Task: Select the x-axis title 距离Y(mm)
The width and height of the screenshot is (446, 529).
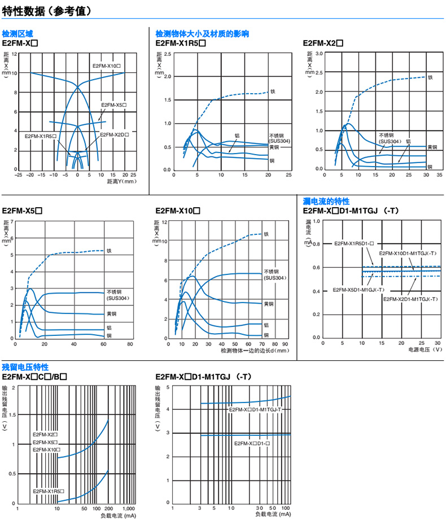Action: pos(121,182)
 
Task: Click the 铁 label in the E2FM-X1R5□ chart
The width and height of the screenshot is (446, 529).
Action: pos(273,91)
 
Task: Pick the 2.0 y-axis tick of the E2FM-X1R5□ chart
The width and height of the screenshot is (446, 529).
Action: pos(167,77)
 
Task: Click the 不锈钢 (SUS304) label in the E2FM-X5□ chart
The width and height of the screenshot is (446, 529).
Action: pos(117,295)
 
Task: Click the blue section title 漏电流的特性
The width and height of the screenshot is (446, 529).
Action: pos(326,201)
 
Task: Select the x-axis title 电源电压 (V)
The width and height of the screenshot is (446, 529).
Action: pos(425,350)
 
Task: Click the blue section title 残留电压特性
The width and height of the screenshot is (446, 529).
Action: pos(25,367)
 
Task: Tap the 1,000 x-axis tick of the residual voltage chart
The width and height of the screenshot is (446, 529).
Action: pos(129,509)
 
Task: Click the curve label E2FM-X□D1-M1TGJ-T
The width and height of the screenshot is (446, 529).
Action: pos(255,409)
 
